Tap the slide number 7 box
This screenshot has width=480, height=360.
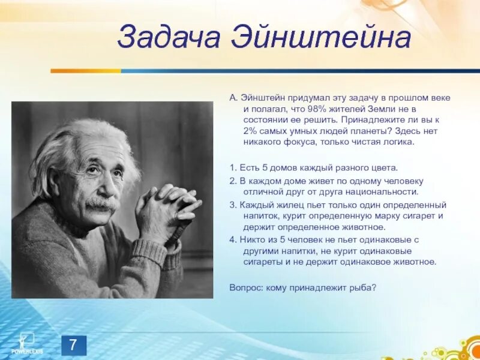(73, 345)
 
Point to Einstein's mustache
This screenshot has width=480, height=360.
(101, 205)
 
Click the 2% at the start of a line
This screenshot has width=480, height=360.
(251, 131)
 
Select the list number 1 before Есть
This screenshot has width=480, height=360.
(232, 167)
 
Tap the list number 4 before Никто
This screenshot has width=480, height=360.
(232, 239)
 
